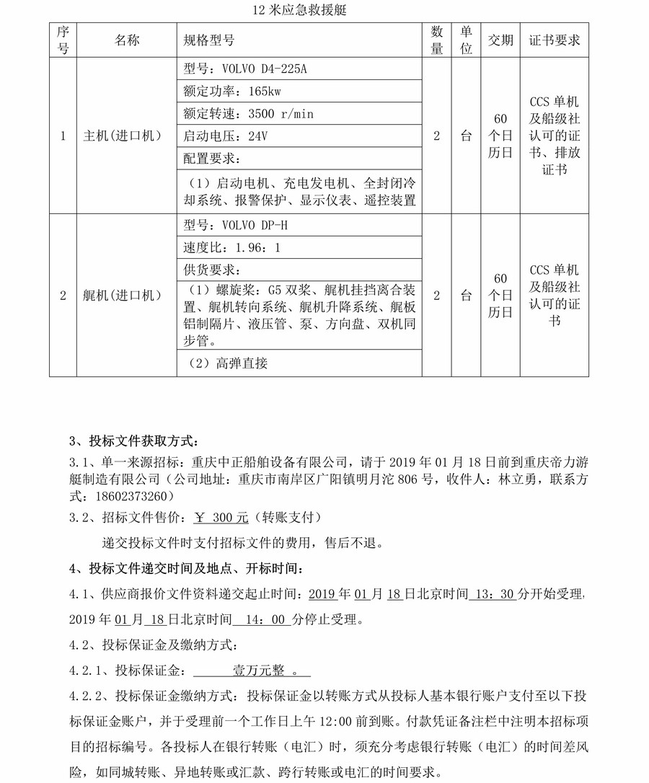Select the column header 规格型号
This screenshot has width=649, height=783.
(x=210, y=40)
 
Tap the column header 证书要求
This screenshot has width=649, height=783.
(x=555, y=40)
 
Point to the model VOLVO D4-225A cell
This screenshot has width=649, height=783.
(x=246, y=68)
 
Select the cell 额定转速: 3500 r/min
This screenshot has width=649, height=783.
(x=249, y=114)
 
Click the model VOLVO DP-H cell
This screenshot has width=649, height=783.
(x=236, y=226)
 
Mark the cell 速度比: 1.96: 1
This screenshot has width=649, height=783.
(x=231, y=247)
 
